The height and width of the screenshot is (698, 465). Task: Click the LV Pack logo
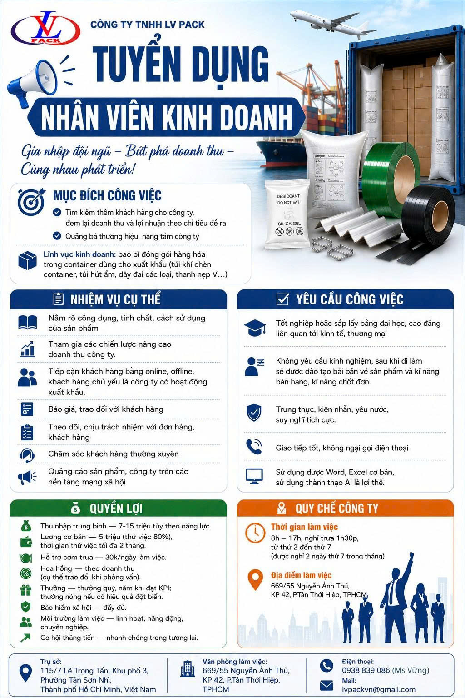coord(45,28)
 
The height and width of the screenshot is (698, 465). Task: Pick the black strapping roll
coord(428,218)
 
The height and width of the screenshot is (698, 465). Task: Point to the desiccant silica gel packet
coord(287,214)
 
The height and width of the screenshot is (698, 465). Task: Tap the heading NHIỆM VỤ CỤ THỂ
coord(115,299)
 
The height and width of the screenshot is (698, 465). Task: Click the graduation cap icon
coord(255,328)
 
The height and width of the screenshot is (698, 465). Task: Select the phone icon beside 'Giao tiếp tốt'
coord(254,447)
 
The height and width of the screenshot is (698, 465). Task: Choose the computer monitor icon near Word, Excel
coord(254,476)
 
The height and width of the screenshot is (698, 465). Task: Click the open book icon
coord(27,322)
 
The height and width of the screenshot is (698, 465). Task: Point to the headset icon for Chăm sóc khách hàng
coord(27,455)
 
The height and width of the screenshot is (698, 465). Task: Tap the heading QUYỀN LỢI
coord(116,508)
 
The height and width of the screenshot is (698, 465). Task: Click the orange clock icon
coord(255,533)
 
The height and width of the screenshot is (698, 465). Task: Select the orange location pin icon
coord(255,579)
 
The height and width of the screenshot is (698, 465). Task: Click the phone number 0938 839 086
coord(366,670)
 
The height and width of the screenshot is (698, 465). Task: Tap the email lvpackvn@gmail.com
coord(379,689)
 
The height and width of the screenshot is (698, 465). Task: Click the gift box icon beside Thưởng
coord(26,590)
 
